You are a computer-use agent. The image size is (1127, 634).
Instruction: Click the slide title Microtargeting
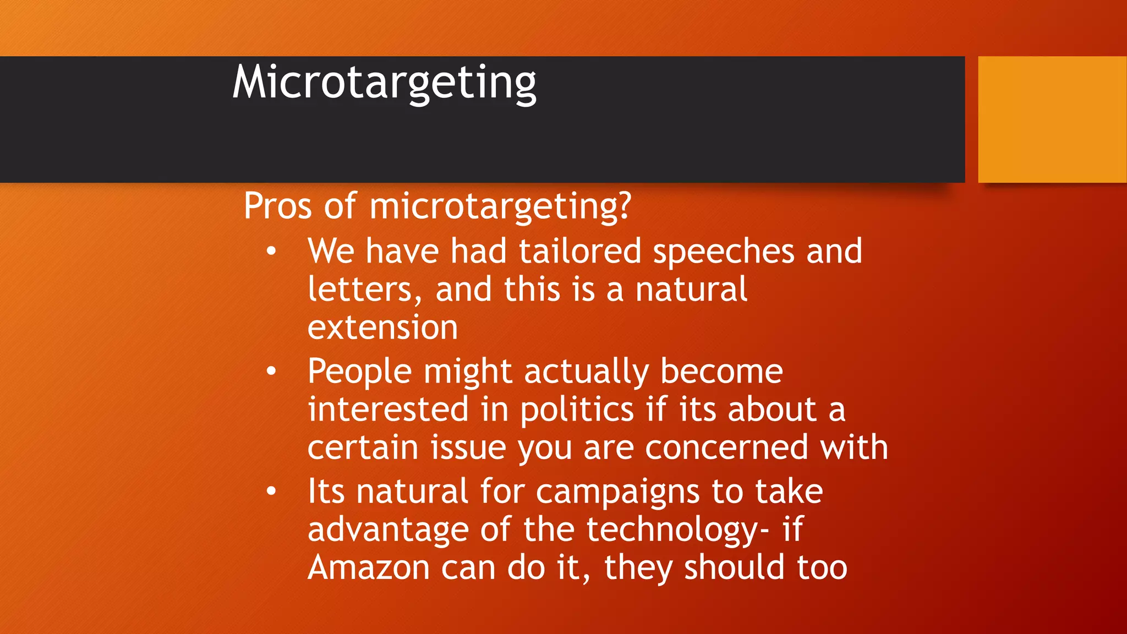click(384, 83)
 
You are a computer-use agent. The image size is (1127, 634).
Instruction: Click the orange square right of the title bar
click(1052, 119)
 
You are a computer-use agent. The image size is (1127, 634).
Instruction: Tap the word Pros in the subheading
click(278, 206)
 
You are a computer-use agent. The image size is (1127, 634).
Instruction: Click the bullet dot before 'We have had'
click(271, 252)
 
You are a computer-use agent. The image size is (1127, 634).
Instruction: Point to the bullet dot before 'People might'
click(271, 371)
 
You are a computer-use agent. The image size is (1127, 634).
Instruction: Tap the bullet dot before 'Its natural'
click(271, 491)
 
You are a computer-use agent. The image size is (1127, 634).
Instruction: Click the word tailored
click(580, 252)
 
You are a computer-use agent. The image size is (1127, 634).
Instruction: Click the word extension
click(382, 328)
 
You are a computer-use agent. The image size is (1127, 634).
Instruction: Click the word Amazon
click(368, 568)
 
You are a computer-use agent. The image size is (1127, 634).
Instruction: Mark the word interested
click(388, 410)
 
